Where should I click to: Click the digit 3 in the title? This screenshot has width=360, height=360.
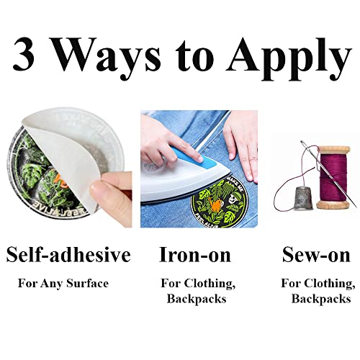coord(23,54)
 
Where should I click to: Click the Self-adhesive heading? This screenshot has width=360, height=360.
coord(68,254)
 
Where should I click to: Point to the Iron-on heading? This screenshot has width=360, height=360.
coord(195,255)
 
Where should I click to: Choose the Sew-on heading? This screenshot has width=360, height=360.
coord(316,255)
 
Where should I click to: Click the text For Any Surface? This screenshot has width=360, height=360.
coord(63,284)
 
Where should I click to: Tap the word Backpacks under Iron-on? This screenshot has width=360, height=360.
coord(197,299)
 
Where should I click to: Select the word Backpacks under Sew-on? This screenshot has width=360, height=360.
coord(321,299)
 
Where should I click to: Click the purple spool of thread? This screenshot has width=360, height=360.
coord(333,178)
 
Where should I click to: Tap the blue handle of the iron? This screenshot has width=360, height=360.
coord(194,158)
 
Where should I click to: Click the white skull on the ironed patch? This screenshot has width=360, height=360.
coord(232,199)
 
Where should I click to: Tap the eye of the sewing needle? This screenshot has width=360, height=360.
coord(304,144)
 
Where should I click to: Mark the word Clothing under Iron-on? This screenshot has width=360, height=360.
coord(210,284)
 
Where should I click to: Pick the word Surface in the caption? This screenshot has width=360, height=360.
coord(87,283)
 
